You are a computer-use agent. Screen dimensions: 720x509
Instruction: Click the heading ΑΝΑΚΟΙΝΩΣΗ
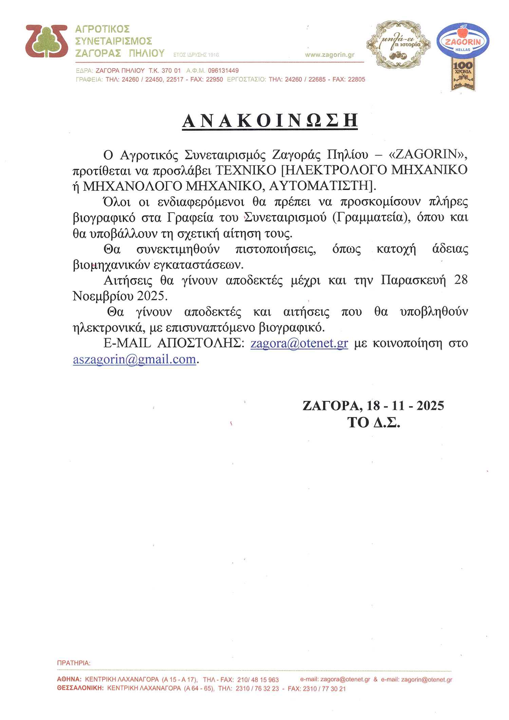[x=270, y=121]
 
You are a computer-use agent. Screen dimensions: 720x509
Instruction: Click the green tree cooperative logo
[x=46, y=41]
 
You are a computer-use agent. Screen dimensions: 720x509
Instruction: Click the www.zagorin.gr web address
[x=329, y=55]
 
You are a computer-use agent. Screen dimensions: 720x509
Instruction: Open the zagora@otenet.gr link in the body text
[x=299, y=343]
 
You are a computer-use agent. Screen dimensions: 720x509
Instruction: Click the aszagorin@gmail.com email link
[x=134, y=359]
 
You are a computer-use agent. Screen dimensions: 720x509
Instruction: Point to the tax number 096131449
[x=223, y=71]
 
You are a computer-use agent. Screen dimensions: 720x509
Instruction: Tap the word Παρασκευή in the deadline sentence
[x=413, y=281]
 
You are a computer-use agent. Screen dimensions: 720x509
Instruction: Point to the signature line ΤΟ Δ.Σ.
[x=374, y=422]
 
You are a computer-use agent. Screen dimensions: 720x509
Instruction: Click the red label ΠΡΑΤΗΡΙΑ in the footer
[x=74, y=663]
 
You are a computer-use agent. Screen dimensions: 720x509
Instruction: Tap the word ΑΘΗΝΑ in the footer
[x=69, y=679]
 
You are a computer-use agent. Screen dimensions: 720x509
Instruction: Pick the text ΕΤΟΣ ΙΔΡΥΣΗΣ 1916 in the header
[x=196, y=55]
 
